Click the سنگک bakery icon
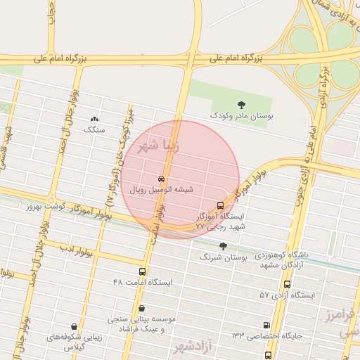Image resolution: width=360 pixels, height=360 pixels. (94, 119)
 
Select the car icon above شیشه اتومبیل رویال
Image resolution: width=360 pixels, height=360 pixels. (162, 179)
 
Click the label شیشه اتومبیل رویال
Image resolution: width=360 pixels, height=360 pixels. (162, 190)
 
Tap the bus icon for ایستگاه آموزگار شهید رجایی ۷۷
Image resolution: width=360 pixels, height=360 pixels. (221, 206)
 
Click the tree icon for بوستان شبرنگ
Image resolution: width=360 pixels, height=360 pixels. (223, 246)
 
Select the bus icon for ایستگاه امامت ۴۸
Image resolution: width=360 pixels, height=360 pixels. (143, 271)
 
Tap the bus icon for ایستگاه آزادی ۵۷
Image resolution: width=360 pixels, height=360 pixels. (287, 285)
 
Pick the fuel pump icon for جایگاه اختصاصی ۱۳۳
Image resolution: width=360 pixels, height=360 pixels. (266, 325)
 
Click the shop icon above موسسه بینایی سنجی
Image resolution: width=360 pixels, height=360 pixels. (142, 308)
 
